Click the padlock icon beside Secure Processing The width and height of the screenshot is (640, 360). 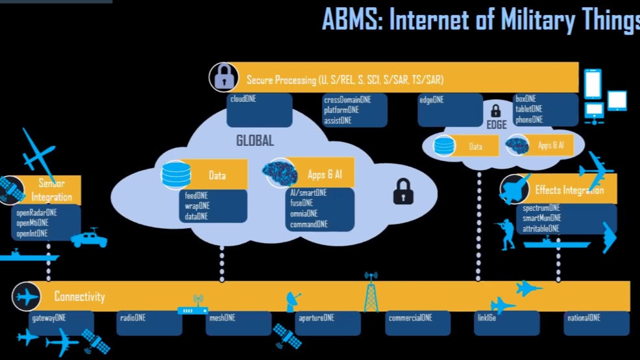[x=223, y=78]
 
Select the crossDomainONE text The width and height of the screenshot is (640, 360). [x=347, y=100]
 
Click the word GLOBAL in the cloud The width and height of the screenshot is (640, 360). [x=255, y=141]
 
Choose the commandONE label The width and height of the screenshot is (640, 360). [x=308, y=224]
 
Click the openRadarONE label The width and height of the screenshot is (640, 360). [x=36, y=212]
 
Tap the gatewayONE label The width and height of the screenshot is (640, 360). [x=49, y=318]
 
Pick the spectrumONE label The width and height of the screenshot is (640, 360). [x=541, y=208]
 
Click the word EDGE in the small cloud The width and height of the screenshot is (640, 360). [x=497, y=124]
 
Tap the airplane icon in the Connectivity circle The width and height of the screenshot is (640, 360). [x=27, y=296]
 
